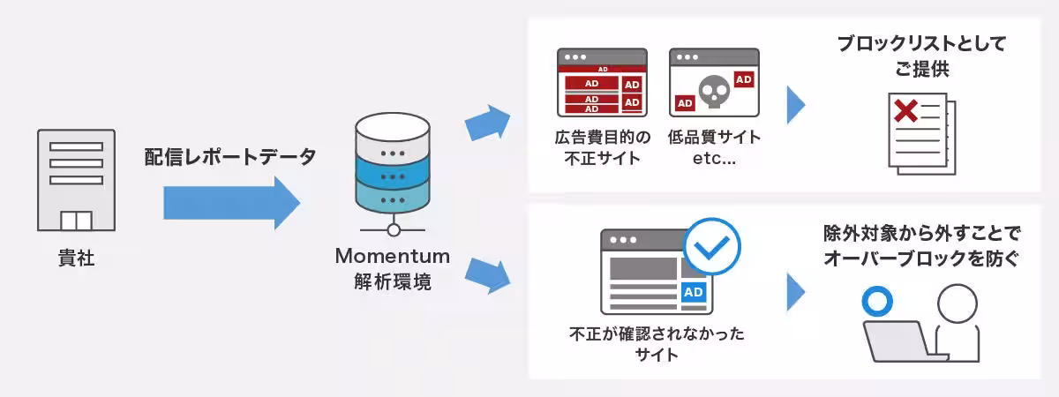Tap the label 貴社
coord(76,259)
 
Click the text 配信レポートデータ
coord(229,158)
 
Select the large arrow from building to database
coord(231,203)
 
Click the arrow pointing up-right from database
coord(487,121)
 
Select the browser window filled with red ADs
coord(601,83)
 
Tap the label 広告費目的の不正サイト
coord(602,147)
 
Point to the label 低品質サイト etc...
coord(714,147)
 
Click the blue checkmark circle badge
coord(712,246)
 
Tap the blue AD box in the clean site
coord(694,292)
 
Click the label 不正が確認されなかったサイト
coord(657,344)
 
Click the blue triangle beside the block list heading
coord(795,104)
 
